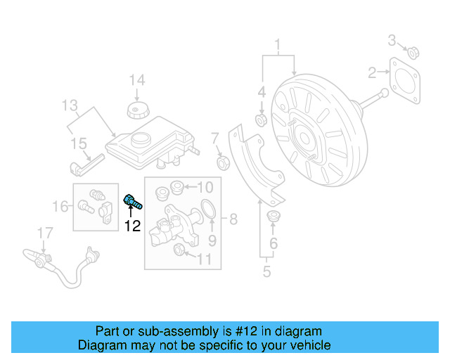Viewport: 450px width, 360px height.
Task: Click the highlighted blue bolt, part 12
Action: coord(132,202)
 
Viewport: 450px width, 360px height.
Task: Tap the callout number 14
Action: coord(136,80)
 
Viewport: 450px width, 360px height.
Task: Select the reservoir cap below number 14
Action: coord(136,110)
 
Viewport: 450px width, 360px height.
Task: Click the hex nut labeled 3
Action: coord(414,51)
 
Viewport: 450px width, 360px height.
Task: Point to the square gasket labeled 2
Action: coord(405,76)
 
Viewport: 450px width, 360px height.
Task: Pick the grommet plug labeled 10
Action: coord(177,187)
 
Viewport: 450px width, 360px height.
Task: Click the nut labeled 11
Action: coord(179,251)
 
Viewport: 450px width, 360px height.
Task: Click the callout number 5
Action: coord(266,271)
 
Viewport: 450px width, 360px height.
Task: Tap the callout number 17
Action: coord(44,231)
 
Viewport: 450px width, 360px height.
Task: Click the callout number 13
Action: coord(69,106)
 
